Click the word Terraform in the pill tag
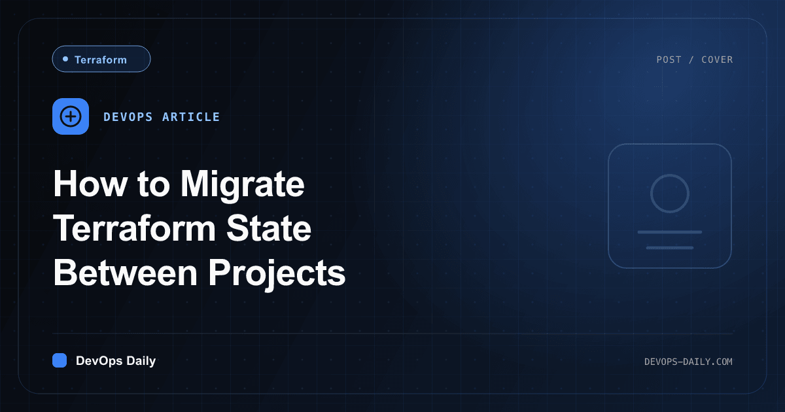coord(101,60)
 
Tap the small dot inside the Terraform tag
coord(65,59)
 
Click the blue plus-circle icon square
coord(71,116)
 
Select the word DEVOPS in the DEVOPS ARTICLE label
coord(128,116)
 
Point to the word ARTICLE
coord(191,116)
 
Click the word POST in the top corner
coord(669,60)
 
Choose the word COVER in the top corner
coord(717,60)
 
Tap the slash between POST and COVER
coord(691,60)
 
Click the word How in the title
coord(90,184)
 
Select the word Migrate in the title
coord(242,186)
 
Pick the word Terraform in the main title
coord(134,228)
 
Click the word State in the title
coord(269,228)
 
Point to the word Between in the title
coord(126,273)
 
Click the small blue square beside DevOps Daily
coord(60,360)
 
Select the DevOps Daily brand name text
coord(116,361)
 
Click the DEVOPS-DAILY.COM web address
coord(688,362)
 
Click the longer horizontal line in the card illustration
coord(670,232)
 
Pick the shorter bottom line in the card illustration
coord(670,248)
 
